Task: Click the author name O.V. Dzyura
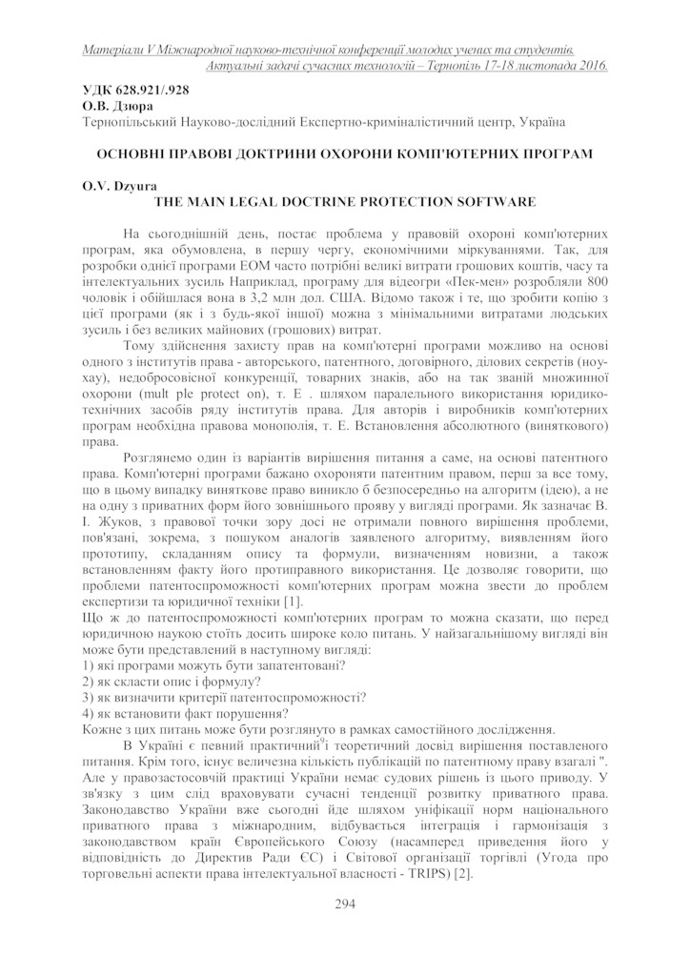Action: [111, 186]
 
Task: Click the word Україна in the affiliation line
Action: [542, 122]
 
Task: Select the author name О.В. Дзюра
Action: [108, 106]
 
